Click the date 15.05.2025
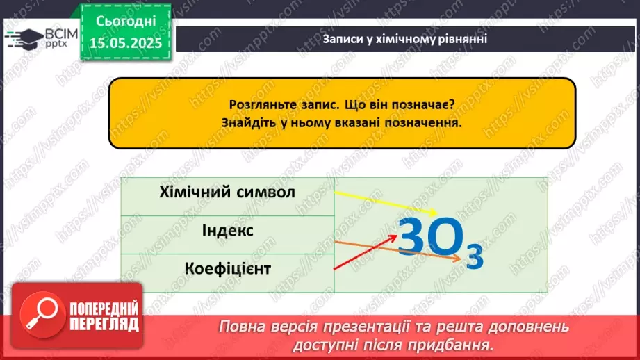(125, 42)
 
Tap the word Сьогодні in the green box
(126, 22)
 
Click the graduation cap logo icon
(25, 38)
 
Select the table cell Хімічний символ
(227, 192)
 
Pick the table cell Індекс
(227, 230)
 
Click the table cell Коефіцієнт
(227, 268)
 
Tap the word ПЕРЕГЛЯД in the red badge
(104, 325)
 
